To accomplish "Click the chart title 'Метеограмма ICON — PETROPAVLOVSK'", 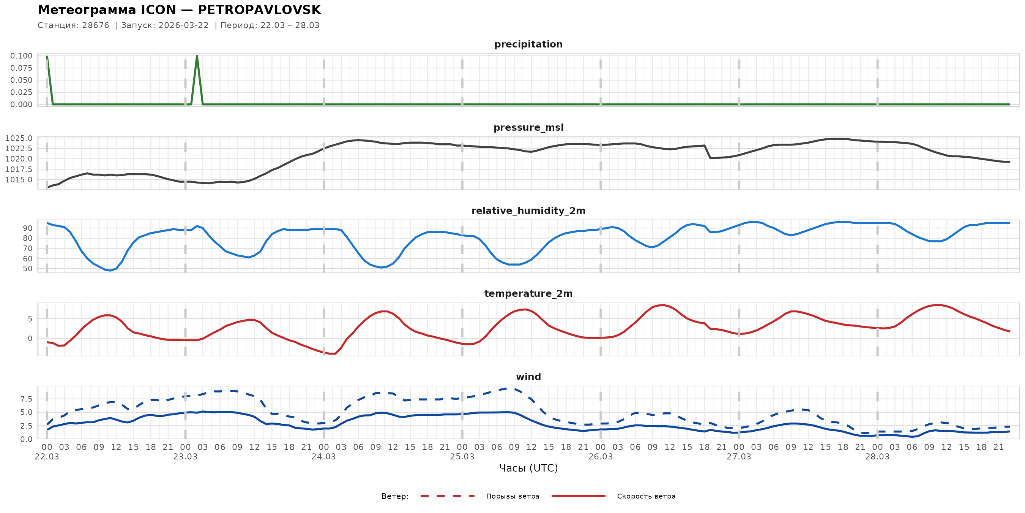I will (179, 10).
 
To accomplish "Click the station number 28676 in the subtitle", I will (96, 25).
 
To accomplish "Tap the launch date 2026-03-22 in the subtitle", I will (183, 25).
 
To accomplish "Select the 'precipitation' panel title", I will (528, 44).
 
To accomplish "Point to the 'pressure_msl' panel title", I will (528, 127).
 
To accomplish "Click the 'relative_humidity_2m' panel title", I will (528, 211).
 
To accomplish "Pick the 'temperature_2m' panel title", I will (528, 293).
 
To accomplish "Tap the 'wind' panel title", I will (528, 377).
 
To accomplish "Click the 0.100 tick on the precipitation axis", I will (22, 56).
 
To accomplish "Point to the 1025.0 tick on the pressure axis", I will (19, 138).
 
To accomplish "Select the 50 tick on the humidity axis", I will (27, 269).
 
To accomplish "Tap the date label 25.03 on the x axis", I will (462, 457).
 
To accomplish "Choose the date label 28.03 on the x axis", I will (877, 457).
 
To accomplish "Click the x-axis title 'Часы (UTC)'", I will (528, 468).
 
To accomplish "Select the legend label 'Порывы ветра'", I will (512, 496).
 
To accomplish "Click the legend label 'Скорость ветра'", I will (646, 496).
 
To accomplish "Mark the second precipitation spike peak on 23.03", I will (197, 56).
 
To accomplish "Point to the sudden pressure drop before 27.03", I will (708, 152).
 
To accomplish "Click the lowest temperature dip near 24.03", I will (333, 353).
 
